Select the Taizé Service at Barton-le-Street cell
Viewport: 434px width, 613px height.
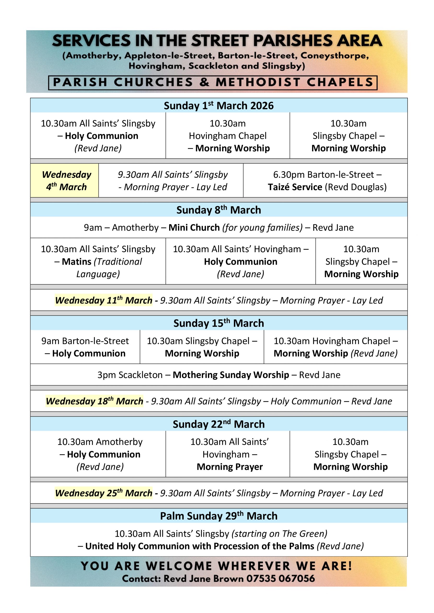pos(327,181)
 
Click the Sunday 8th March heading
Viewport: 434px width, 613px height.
pos(219,210)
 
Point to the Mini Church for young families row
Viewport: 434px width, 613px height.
pos(219,227)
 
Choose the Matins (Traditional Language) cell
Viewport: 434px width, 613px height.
pos(98,261)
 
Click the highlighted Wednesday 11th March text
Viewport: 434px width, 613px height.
pos(104,300)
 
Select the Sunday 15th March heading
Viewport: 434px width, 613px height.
pos(219,323)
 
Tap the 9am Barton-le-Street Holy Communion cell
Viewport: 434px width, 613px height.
pos(85,347)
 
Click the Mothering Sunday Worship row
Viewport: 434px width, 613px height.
pos(219,375)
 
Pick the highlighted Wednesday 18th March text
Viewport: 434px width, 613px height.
pos(94,401)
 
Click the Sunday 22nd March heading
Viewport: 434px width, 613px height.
pos(219,424)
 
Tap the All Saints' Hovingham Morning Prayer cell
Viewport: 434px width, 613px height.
pos(229,454)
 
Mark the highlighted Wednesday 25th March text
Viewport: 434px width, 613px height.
pos(104,493)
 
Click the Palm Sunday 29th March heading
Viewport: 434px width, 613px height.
pos(219,516)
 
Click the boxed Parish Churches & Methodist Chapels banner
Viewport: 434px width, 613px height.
pos(213,83)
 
